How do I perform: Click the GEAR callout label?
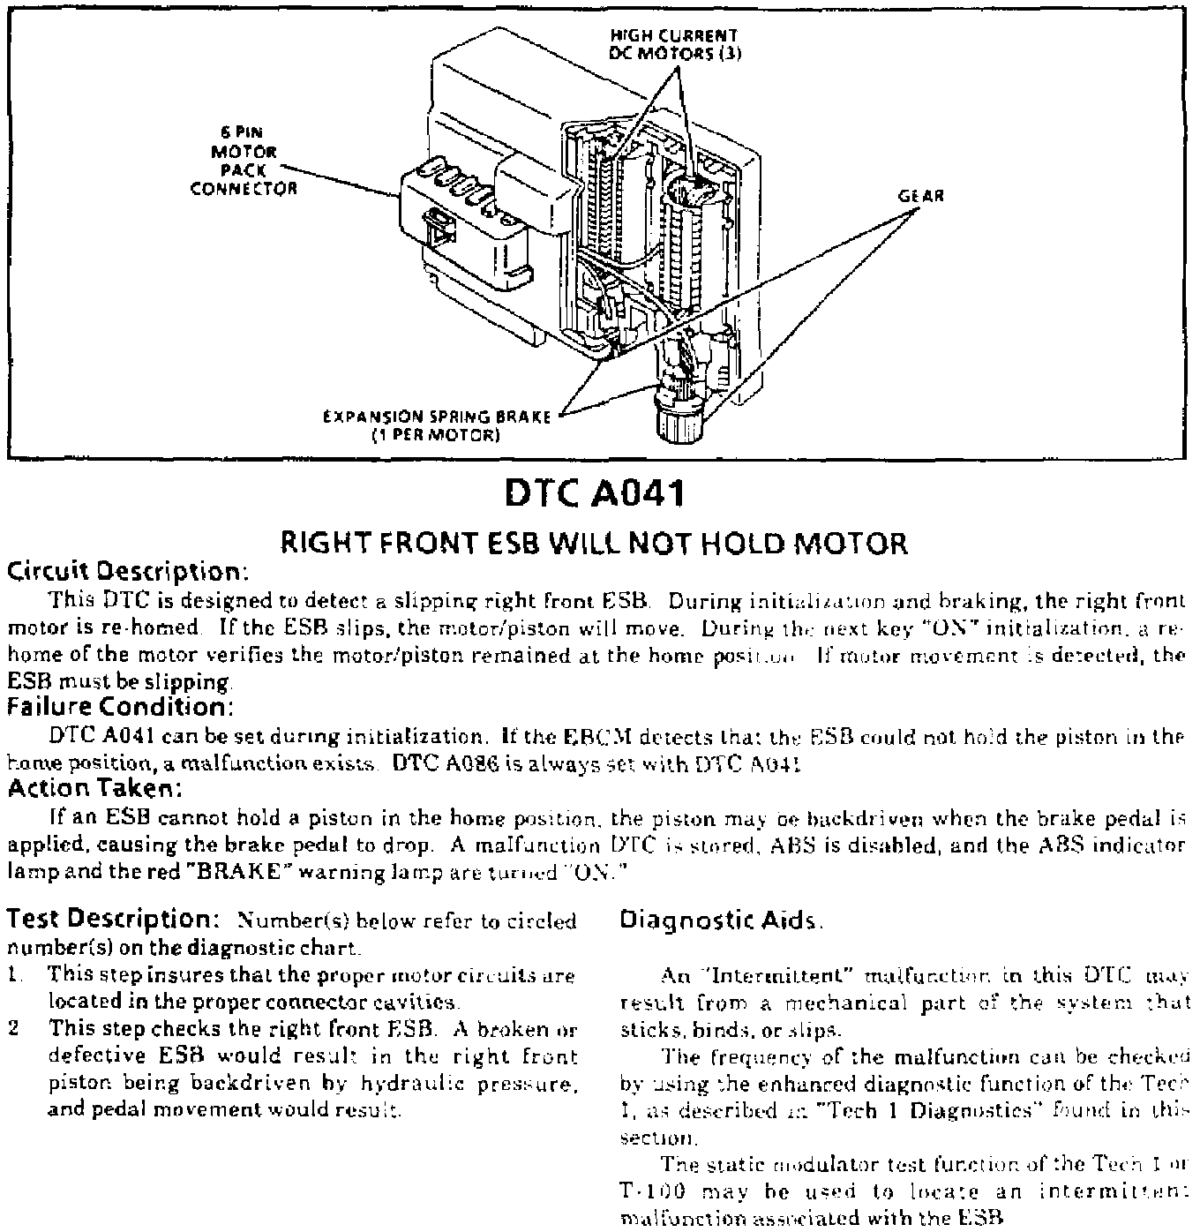920,196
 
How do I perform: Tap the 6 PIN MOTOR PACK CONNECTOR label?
244,162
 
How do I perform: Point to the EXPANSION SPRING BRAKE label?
437,425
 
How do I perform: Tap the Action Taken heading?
95,787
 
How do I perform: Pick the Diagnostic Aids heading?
719,920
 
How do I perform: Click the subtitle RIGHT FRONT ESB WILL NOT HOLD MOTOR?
594,543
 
